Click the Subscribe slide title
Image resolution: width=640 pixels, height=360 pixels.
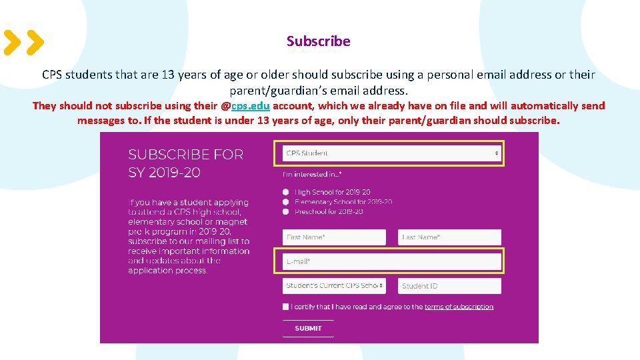pyautogui.click(x=318, y=41)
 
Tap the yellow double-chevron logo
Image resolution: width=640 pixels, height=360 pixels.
pyautogui.click(x=24, y=43)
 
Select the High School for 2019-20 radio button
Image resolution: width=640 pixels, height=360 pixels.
pyautogui.click(x=286, y=192)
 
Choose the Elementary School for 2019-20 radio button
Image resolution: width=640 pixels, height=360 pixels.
pyautogui.click(x=286, y=201)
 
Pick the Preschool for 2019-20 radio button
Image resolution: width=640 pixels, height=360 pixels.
pyautogui.click(x=286, y=211)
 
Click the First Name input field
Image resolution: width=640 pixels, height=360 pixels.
pyautogui.click(x=334, y=237)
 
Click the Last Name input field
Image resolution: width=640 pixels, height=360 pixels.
pyautogui.click(x=449, y=237)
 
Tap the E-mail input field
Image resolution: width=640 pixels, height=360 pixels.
pyautogui.click(x=391, y=261)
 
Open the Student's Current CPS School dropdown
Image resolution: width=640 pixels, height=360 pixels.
pyautogui.click(x=334, y=286)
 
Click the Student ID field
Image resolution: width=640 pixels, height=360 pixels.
pyautogui.click(x=449, y=286)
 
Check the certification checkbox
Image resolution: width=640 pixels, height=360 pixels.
pyautogui.click(x=286, y=307)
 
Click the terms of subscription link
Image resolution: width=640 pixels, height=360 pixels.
pyautogui.click(x=459, y=307)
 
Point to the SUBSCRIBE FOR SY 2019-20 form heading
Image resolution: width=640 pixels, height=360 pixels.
pyautogui.click(x=186, y=163)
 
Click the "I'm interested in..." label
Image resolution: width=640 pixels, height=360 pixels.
pyautogui.click(x=312, y=175)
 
